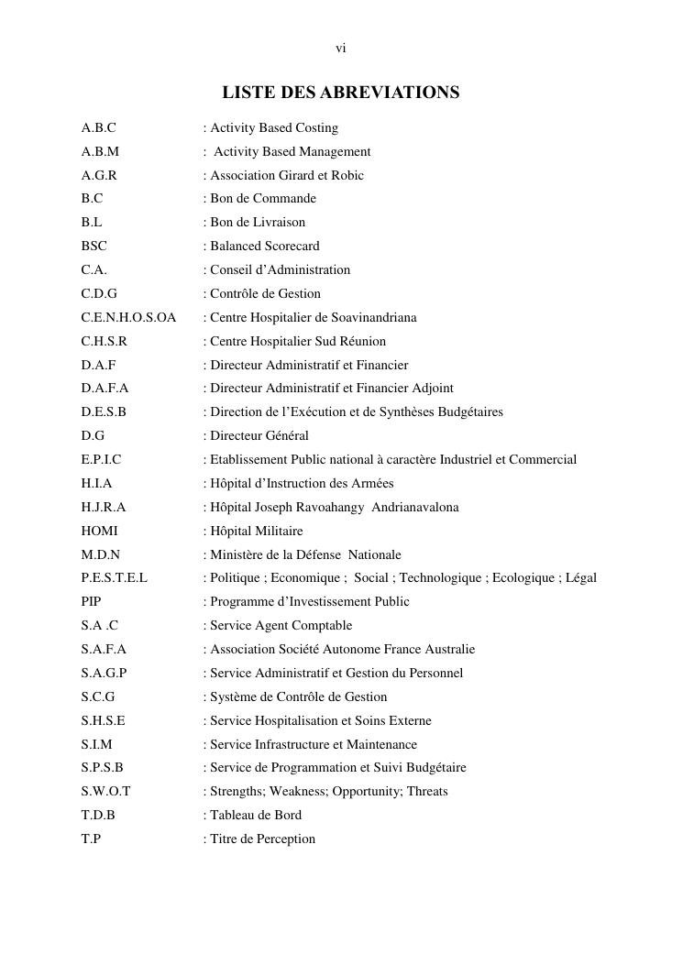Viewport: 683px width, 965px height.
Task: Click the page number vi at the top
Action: [340, 49]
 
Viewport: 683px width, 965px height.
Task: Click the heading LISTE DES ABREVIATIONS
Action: [340, 93]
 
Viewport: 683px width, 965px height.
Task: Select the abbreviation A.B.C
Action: [98, 128]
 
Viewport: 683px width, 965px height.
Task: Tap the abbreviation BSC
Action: [94, 247]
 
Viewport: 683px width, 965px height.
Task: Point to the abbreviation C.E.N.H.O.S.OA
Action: [128, 318]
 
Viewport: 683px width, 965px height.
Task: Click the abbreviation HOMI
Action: [99, 532]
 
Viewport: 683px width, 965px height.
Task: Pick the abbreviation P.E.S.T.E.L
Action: [114, 578]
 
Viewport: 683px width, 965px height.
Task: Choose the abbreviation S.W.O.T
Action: [105, 792]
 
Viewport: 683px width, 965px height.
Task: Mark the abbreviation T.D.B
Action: [98, 816]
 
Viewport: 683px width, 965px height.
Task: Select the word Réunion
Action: [362, 342]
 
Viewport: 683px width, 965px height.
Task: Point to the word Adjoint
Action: [431, 389]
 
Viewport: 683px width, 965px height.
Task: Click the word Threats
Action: [427, 792]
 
